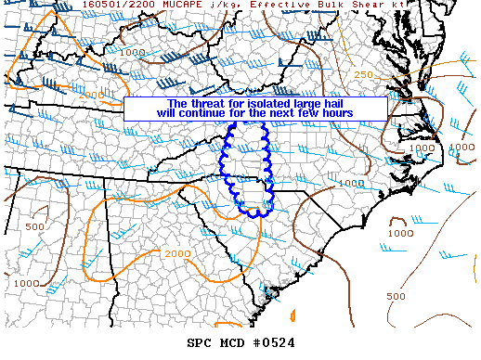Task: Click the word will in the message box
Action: coord(167,113)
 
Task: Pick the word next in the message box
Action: coord(279,113)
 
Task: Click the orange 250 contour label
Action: coord(363,74)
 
